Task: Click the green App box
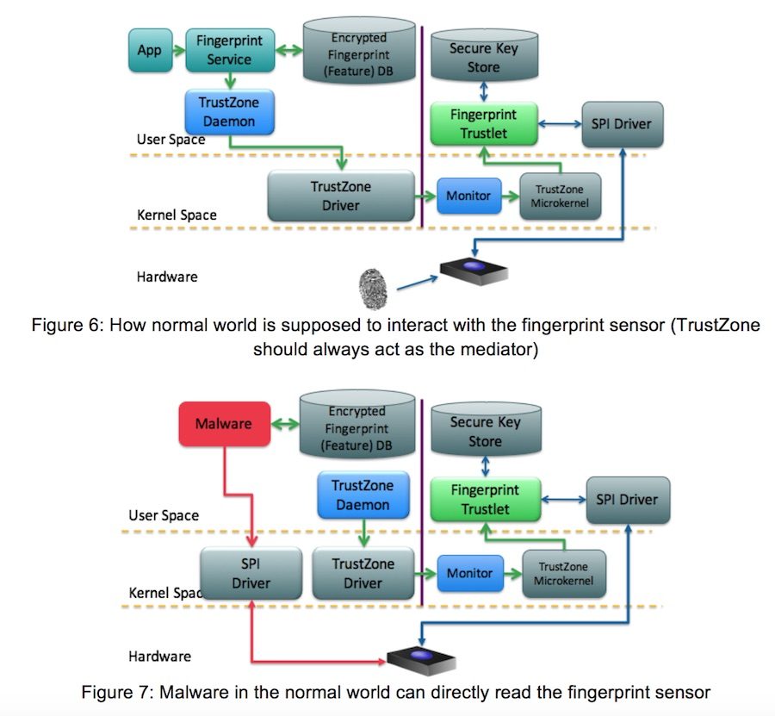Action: [149, 50]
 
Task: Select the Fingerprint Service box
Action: [229, 50]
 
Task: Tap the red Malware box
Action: [224, 423]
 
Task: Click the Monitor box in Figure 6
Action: [468, 196]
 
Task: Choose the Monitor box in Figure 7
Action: [470, 573]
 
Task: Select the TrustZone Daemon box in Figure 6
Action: [229, 112]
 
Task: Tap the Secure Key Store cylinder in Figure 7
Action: [484, 429]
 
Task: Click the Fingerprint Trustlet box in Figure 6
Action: [483, 124]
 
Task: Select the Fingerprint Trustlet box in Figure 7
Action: [485, 500]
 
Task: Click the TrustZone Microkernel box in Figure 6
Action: [561, 196]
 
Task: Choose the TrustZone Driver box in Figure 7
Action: [363, 573]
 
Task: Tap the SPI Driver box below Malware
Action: [251, 573]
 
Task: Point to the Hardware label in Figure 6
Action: [167, 277]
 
